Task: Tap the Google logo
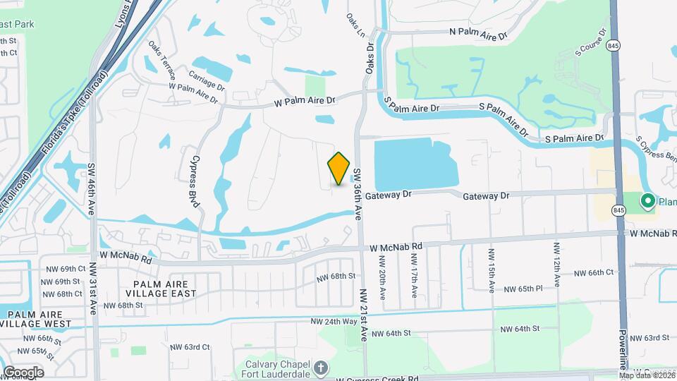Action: coord(23,372)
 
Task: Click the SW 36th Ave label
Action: coord(358,191)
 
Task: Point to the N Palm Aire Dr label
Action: coord(478,32)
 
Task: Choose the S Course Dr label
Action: coord(591,42)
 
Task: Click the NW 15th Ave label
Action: coord(492,270)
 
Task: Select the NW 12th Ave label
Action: coord(556,264)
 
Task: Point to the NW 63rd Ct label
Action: coord(190,346)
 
